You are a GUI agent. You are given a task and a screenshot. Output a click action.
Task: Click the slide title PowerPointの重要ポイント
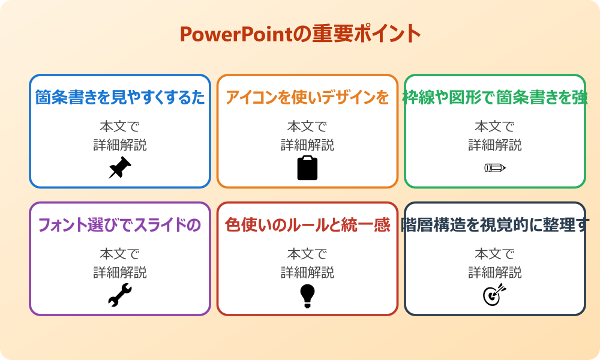pyautogui.click(x=300, y=34)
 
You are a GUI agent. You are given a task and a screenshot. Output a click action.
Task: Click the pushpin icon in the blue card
pyautogui.click(x=120, y=168)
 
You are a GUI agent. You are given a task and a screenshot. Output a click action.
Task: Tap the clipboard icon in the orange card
pyautogui.click(x=307, y=168)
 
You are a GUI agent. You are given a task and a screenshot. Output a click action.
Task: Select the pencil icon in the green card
pyautogui.click(x=495, y=167)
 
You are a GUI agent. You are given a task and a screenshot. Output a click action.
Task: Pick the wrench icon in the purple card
pyautogui.click(x=120, y=295)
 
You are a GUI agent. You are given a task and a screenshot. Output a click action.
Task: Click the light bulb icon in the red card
pyautogui.click(x=307, y=295)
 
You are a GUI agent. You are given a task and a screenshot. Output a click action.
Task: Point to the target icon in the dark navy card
pyautogui.click(x=495, y=295)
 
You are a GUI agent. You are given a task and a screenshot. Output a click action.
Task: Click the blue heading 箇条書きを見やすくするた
pyautogui.click(x=120, y=97)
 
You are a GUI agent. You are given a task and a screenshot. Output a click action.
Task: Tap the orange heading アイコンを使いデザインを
pyautogui.click(x=307, y=97)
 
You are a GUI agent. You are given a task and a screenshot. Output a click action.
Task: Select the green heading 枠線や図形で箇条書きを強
pyautogui.click(x=495, y=97)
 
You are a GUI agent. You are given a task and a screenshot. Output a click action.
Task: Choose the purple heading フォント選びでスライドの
pyautogui.click(x=120, y=225)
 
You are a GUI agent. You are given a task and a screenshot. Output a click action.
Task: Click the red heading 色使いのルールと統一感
pyautogui.click(x=307, y=225)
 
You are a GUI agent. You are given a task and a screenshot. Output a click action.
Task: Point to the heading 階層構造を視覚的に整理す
pyautogui.click(x=495, y=225)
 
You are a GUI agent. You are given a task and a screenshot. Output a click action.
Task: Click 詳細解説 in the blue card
pyautogui.click(x=120, y=145)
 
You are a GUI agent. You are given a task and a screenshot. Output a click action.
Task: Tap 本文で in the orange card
pyautogui.click(x=307, y=127)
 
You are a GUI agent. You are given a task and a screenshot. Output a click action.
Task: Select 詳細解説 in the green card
pyautogui.click(x=495, y=145)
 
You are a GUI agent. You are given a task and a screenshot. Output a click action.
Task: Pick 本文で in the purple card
pyautogui.click(x=120, y=254)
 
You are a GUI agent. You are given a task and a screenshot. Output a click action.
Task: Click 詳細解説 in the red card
pyautogui.click(x=307, y=272)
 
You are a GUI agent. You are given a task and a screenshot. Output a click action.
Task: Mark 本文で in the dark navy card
pyautogui.click(x=495, y=254)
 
